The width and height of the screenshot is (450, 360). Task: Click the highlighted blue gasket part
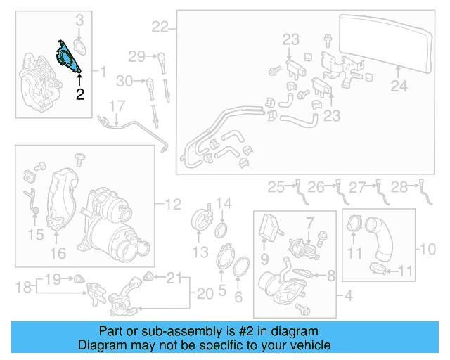tap(67, 56)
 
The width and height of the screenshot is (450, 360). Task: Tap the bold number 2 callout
tap(79, 94)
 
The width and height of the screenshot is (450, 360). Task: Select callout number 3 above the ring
tap(79, 20)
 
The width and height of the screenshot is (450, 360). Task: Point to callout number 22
tap(160, 27)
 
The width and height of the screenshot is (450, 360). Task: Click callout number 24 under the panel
tap(399, 86)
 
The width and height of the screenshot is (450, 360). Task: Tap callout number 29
tap(136, 56)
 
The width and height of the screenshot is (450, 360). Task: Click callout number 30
tap(124, 82)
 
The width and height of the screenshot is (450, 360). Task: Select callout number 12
tap(173, 205)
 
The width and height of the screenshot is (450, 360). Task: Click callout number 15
tap(34, 233)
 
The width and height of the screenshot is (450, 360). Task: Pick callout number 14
tap(223, 204)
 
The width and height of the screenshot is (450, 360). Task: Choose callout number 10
tap(427, 248)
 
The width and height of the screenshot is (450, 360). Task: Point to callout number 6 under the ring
tap(238, 297)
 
